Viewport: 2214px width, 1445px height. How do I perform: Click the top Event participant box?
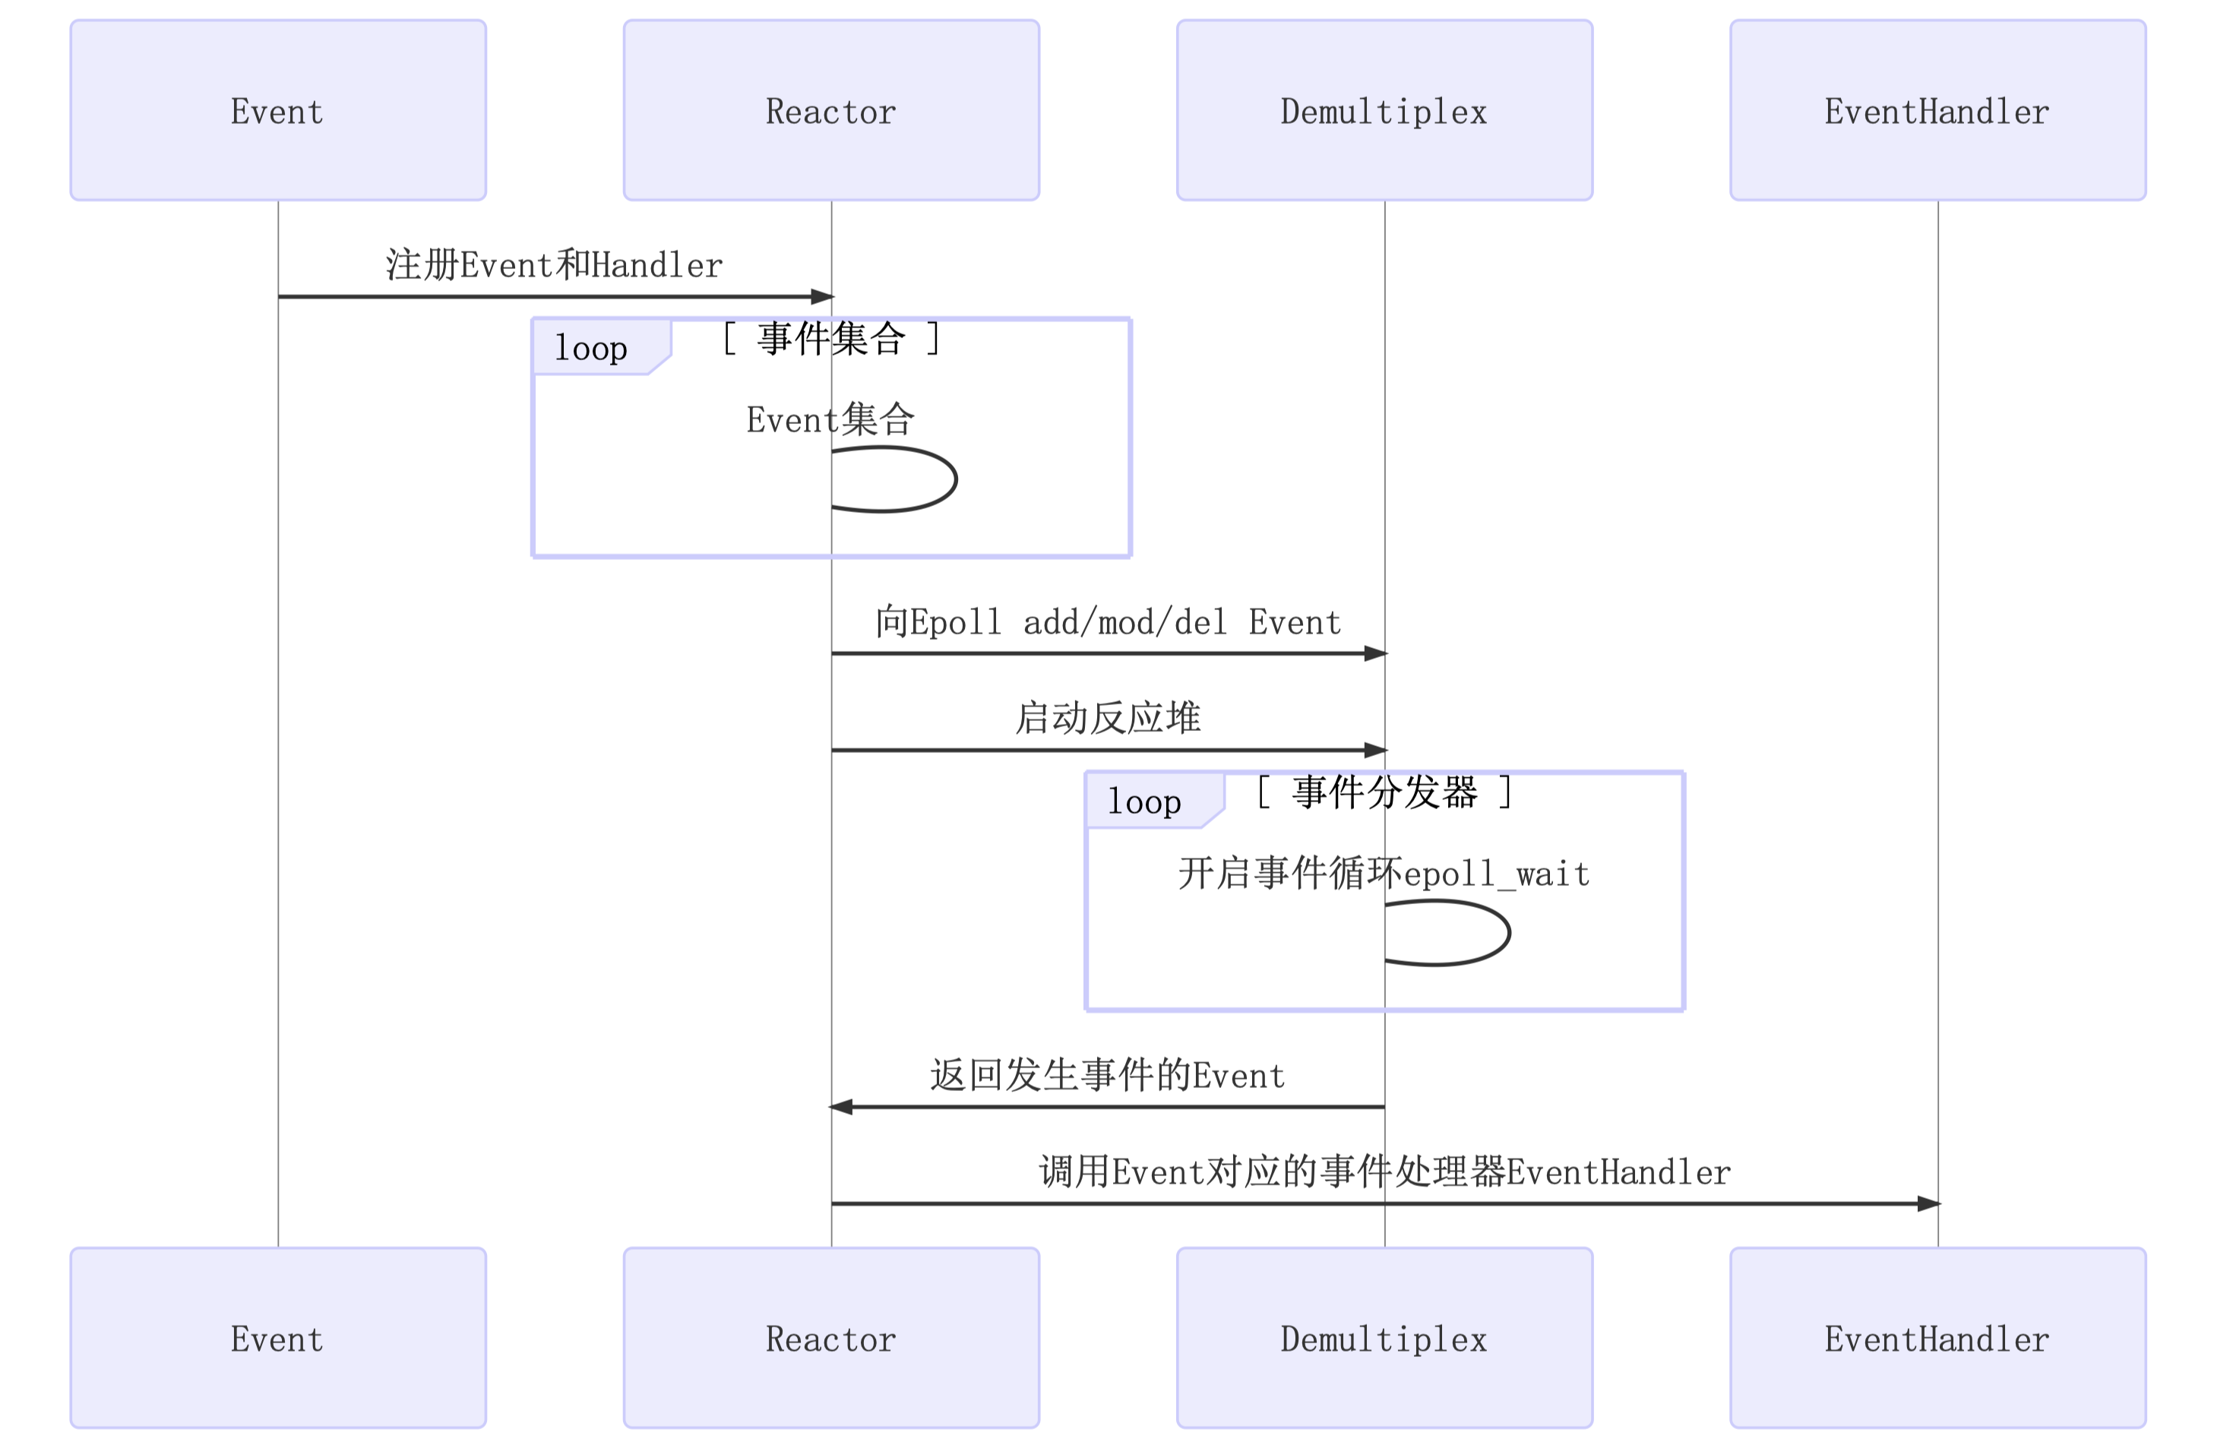(277, 110)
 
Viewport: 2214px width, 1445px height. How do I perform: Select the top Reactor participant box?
(830, 110)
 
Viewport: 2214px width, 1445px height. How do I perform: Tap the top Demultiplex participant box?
(1384, 110)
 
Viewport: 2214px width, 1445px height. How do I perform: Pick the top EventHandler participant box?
(1937, 110)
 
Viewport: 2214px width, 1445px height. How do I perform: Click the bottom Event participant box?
(277, 1337)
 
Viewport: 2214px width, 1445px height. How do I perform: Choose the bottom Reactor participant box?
(830, 1337)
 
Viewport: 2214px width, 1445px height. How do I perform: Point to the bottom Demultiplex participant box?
(1384, 1337)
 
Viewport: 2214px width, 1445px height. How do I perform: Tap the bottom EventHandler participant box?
(1937, 1337)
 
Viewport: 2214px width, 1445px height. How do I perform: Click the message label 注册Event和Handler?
(555, 265)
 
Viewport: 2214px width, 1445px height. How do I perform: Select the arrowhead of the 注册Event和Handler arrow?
(821, 297)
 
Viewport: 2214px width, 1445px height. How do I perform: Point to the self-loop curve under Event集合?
(954, 479)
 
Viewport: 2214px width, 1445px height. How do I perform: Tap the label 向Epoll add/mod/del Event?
(1107, 621)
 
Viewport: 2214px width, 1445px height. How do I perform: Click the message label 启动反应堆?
(1107, 717)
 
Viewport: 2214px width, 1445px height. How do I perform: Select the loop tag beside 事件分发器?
(1145, 801)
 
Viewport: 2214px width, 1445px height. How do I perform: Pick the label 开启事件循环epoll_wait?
(1384, 873)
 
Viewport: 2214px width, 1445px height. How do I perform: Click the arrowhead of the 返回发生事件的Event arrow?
(841, 1106)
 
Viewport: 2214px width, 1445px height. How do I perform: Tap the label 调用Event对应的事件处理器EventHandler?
(1384, 1171)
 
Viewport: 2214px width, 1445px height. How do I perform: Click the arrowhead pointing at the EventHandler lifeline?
(1928, 1203)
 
